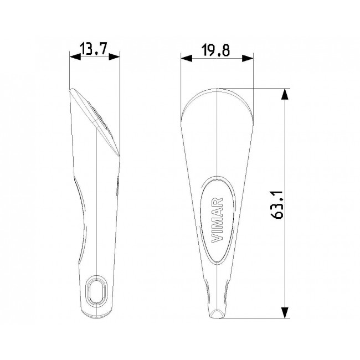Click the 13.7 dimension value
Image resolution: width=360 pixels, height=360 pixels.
click(94, 49)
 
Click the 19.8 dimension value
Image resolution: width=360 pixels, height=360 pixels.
click(215, 50)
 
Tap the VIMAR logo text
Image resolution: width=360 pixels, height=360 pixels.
click(217, 220)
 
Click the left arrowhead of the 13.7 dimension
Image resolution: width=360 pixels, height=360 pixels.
click(75, 56)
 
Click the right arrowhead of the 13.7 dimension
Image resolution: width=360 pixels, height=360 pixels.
click(114, 56)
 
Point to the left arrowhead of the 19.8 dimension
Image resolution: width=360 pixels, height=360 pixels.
click(187, 58)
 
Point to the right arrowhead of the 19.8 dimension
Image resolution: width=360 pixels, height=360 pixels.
click(248, 58)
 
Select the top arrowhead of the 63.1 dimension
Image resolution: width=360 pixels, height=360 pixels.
click(285, 94)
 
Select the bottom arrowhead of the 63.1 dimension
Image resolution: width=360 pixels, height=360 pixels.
click(285, 313)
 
